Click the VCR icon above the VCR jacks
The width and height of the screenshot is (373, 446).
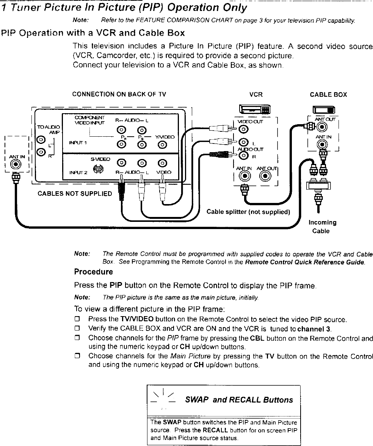click(x=255, y=110)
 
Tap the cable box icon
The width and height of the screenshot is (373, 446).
click(x=323, y=110)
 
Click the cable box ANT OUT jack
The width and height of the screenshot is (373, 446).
click(x=323, y=127)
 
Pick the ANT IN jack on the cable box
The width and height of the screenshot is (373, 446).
click(x=323, y=144)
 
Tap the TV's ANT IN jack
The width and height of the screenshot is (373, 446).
click(x=16, y=164)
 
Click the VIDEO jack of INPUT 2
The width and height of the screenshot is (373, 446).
click(x=163, y=164)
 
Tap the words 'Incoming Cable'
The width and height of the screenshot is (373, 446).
click(x=322, y=227)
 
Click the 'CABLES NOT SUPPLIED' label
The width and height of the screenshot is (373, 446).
click(x=75, y=194)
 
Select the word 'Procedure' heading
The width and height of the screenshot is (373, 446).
click(x=93, y=272)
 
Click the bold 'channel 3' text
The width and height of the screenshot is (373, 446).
click(x=314, y=329)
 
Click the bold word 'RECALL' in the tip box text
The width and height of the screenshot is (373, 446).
click(x=215, y=430)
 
